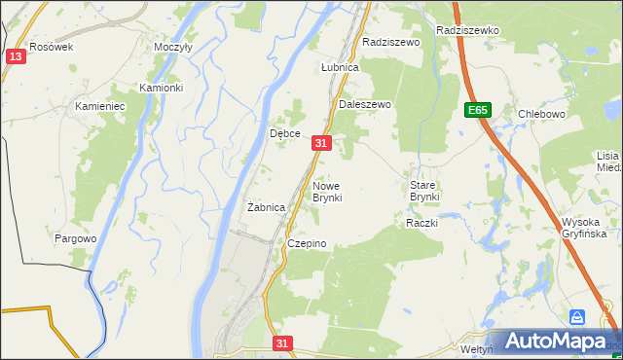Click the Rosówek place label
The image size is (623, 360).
click(52, 46)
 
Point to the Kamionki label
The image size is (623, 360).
click(162, 88)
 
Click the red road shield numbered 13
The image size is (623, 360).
click(15, 56)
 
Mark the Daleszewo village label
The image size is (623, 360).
click(364, 103)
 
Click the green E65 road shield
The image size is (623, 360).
click(477, 111)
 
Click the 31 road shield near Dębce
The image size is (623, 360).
click(323, 143)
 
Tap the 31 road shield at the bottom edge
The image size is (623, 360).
click(282, 343)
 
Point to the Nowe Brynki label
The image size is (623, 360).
click(327, 191)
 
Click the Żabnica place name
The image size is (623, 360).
click(266, 207)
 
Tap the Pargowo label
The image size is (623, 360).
click(76, 238)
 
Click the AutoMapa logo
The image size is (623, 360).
click(556, 341)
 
